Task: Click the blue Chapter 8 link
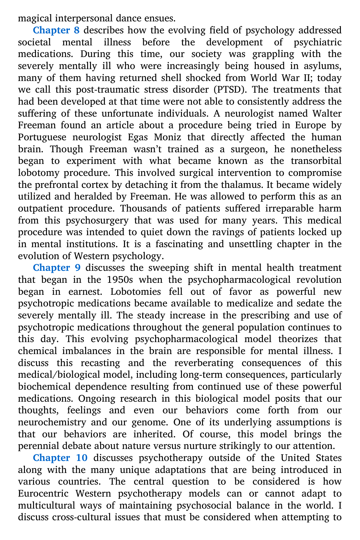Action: pyautogui.click(x=56, y=30)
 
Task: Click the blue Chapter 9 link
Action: pyautogui.click(x=56, y=268)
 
